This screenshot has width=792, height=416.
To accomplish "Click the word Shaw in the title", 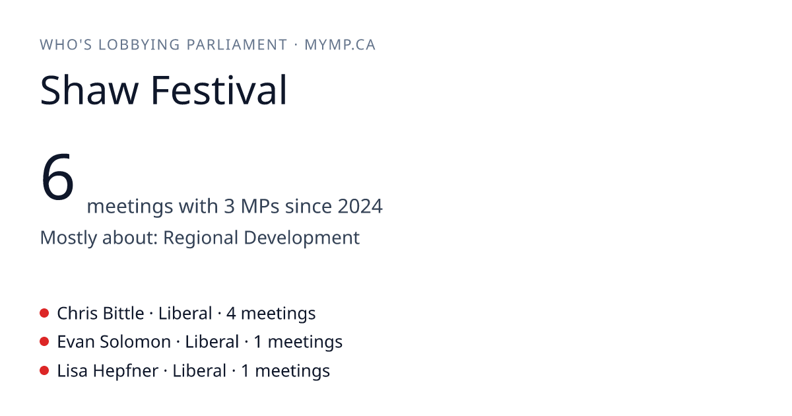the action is (x=89, y=90).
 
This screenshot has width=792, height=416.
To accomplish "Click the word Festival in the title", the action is (x=219, y=90).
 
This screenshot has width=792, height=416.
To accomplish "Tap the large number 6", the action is (x=57, y=176).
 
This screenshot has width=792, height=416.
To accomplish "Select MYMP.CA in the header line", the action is (x=340, y=45).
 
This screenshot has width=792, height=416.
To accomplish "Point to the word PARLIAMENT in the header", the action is (x=236, y=45).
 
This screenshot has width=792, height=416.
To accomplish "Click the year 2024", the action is (x=360, y=206).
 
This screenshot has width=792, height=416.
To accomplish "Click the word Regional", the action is (x=201, y=238).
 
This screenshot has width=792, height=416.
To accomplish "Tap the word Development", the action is (x=302, y=238).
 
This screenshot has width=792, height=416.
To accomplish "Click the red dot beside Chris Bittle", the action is (x=44, y=313).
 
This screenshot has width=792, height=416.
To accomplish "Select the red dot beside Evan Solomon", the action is (x=44, y=342).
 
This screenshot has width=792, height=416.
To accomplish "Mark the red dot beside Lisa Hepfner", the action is (x=44, y=370).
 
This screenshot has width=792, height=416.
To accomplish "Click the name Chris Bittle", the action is (x=100, y=314).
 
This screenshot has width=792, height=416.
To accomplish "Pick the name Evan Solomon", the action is (x=114, y=342).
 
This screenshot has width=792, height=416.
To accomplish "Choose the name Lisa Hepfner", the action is (x=108, y=371).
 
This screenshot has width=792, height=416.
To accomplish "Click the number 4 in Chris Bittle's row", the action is (x=231, y=314).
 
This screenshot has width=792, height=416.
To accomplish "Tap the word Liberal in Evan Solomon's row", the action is (x=212, y=342).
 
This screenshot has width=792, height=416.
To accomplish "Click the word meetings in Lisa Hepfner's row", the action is (x=292, y=371).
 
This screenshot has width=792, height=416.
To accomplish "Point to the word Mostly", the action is (x=68, y=238).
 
